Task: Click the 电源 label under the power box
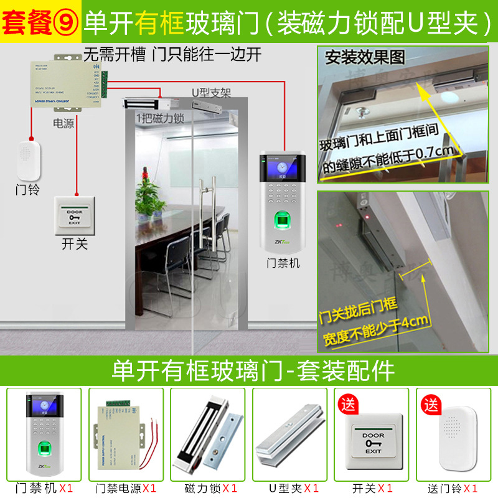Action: click(x=63, y=123)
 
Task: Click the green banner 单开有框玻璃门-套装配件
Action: click(x=249, y=371)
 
